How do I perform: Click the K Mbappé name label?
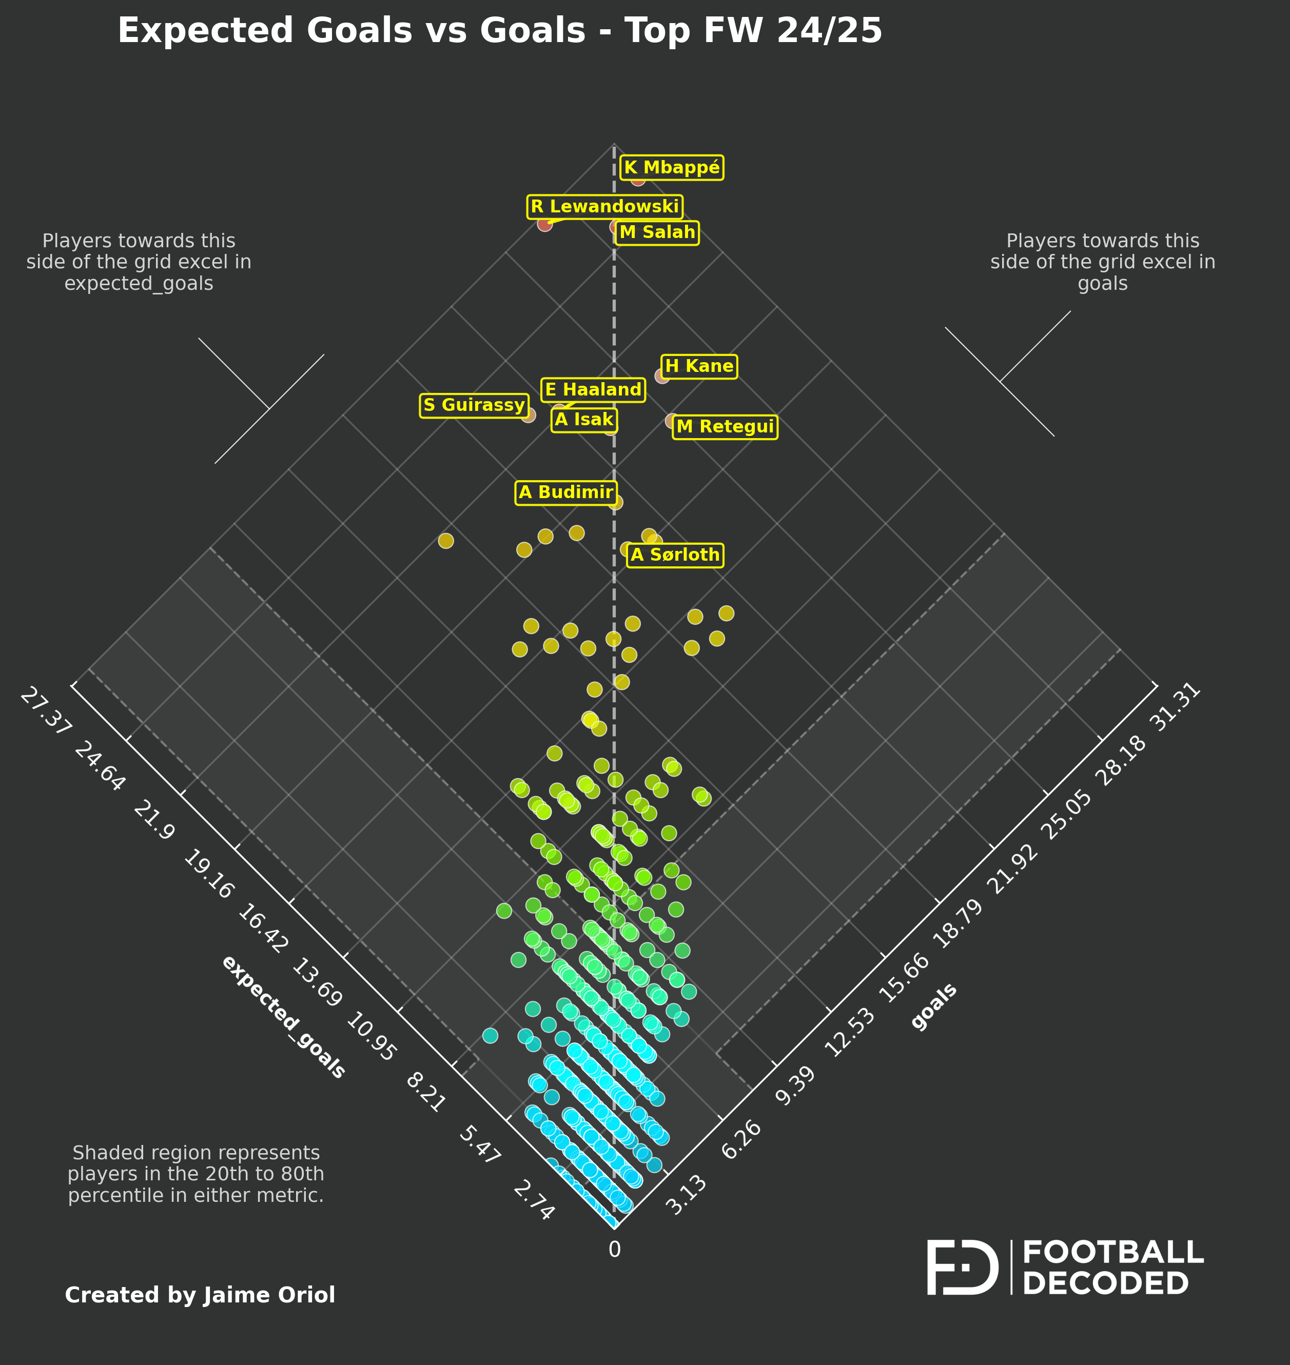(x=671, y=168)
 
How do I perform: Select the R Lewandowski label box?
(x=604, y=207)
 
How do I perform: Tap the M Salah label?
(x=657, y=232)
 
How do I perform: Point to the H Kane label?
(x=699, y=366)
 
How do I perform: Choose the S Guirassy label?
(x=474, y=406)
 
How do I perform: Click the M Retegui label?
(x=725, y=427)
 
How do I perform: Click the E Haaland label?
(x=593, y=390)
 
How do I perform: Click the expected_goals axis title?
(x=283, y=1017)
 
